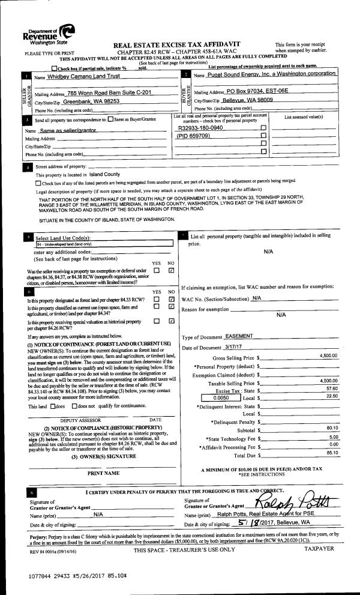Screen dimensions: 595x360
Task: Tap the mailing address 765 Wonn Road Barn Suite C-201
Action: click(105, 92)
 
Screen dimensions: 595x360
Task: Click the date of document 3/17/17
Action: click(218, 348)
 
